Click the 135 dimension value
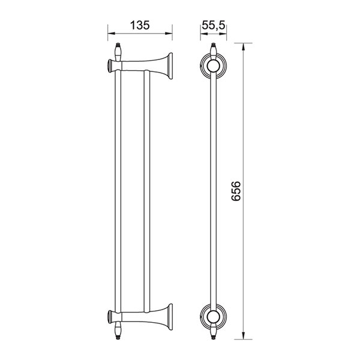(140, 25)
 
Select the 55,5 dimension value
(213, 25)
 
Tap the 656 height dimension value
(236, 191)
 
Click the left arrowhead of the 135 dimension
(111, 34)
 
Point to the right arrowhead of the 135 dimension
(169, 34)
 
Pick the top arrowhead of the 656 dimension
(244, 46)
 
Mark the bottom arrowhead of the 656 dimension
(244, 335)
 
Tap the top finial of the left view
(118, 52)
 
